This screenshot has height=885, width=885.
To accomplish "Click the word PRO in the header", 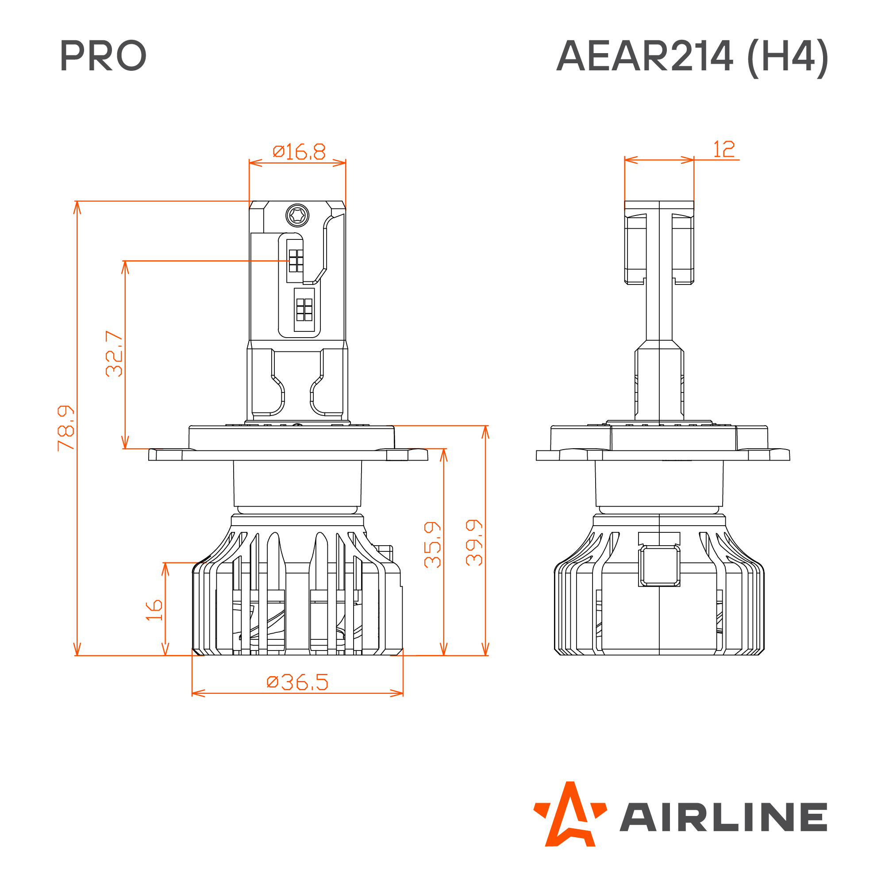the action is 103,55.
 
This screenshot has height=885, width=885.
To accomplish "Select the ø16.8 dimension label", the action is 299,152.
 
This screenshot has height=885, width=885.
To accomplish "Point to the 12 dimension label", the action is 724,149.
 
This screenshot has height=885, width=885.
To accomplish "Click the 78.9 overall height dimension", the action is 66,428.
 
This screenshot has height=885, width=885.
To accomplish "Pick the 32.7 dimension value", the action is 114,354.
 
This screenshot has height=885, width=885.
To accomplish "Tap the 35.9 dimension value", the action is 432,545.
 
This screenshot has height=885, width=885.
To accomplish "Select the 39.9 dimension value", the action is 474,543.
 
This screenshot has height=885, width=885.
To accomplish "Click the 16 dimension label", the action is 154,610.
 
